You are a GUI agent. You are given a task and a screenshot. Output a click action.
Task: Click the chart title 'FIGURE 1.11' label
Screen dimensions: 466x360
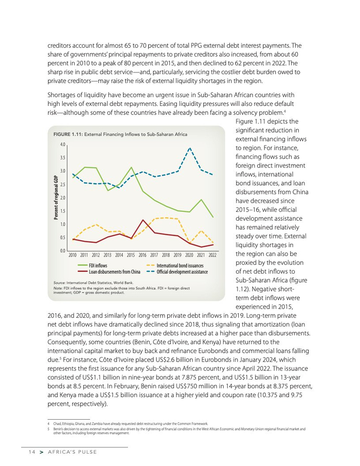coord(68,134)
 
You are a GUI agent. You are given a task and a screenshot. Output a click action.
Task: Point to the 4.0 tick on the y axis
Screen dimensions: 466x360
coord(62,145)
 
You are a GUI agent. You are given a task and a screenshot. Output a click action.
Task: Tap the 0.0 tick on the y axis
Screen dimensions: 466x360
coord(62,251)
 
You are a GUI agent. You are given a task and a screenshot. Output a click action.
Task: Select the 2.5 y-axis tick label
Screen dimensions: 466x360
coord(62,184)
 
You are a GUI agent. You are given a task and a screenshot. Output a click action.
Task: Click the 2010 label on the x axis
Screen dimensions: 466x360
coord(73,255)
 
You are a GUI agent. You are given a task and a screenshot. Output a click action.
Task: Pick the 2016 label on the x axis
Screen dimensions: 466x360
coord(142,255)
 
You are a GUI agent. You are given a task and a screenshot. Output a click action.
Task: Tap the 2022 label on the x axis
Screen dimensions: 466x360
coord(212,255)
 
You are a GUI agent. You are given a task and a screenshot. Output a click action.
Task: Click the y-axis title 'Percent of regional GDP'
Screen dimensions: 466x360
coord(56,198)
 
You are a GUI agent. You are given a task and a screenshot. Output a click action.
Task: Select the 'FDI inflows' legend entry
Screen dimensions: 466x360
coord(98,265)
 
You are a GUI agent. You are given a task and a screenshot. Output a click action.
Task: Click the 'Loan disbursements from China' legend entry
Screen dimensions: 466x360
coord(115,271)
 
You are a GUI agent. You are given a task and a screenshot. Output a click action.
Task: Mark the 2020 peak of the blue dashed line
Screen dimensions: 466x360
coord(190,148)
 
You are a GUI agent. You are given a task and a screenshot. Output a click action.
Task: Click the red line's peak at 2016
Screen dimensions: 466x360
coord(143,220)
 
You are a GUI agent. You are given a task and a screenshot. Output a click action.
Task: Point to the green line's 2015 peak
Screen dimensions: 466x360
coord(132,168)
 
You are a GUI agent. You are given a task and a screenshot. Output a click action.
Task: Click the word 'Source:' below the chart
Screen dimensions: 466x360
coord(60,283)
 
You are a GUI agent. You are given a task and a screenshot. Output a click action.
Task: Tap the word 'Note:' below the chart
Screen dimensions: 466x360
coord(58,289)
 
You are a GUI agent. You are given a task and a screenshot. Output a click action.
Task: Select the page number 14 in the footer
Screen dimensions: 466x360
coord(31,452)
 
